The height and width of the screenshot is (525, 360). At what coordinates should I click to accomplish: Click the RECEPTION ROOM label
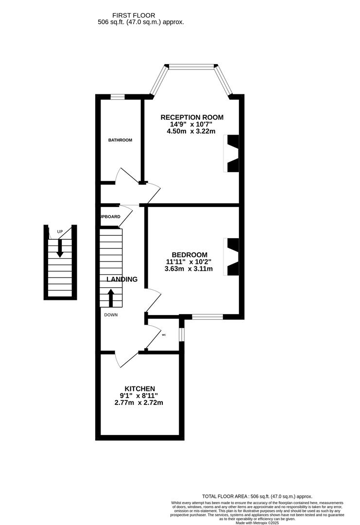[192, 117]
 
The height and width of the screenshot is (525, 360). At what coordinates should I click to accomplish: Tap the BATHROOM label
[120, 140]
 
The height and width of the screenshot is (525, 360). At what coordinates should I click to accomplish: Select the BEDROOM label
[189, 255]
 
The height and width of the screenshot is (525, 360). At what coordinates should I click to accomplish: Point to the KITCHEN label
[140, 388]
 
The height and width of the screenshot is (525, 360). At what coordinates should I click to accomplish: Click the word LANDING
[122, 280]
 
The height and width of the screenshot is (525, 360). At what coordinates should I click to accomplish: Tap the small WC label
[164, 335]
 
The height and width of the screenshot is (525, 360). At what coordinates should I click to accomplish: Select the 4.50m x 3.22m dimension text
[190, 131]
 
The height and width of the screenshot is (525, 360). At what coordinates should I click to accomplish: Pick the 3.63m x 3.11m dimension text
[189, 269]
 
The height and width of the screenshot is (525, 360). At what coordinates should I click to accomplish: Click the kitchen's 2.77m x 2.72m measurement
[139, 402]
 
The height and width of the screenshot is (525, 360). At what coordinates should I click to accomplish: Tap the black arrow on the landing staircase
[111, 298]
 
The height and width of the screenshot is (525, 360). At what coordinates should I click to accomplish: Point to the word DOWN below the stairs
[110, 315]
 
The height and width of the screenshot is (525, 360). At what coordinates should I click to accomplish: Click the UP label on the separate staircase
[60, 231]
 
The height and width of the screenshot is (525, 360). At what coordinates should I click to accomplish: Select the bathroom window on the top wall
[118, 97]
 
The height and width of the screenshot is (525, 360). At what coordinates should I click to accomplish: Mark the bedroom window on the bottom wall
[207, 317]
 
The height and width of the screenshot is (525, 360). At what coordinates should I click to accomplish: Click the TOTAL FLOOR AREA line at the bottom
[257, 496]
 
